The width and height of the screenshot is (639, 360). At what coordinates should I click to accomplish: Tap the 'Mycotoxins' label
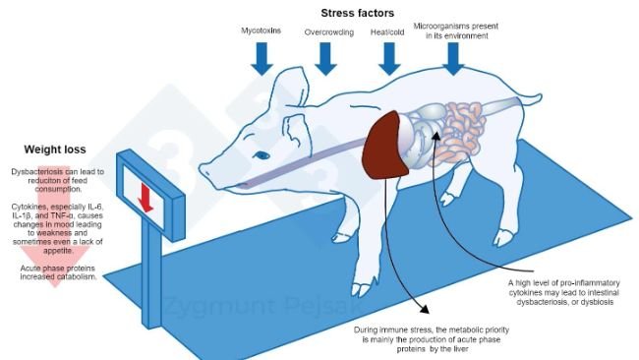[x=261, y=31]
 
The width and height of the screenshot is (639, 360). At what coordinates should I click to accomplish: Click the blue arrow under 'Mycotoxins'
[x=261, y=58]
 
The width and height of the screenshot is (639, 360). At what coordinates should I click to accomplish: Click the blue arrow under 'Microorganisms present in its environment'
[x=453, y=58]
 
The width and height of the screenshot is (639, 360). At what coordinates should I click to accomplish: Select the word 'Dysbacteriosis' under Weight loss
[x=38, y=171]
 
